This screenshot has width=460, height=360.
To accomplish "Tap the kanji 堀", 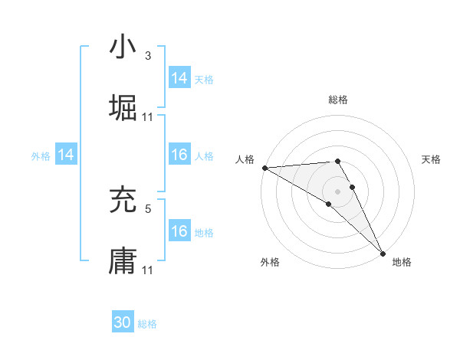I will [x=123, y=108].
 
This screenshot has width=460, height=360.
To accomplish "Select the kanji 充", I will [x=123, y=200].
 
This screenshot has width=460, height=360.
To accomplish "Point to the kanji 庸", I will [x=123, y=260].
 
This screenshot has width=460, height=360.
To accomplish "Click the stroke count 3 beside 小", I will [x=147, y=56].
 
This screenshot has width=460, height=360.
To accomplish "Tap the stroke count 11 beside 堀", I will [x=148, y=117].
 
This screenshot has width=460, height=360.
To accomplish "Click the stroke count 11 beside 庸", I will [x=148, y=270].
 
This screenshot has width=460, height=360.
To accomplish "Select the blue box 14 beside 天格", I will [x=179, y=78].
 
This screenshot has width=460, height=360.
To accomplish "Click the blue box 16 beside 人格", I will [x=179, y=155].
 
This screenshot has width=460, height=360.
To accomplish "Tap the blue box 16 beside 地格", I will [x=179, y=231].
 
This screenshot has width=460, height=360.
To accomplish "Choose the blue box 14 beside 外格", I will [x=66, y=155].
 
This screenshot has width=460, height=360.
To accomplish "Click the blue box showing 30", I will [x=123, y=322].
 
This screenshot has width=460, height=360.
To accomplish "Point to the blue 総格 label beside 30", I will [x=147, y=324].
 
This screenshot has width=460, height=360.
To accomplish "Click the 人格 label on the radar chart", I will [x=245, y=159].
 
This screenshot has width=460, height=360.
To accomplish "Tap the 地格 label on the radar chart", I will [x=402, y=262].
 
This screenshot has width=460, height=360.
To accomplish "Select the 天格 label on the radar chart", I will [x=431, y=159].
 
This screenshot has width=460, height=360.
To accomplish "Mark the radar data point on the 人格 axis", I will [x=264, y=167].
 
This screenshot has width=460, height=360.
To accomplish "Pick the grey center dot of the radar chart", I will [x=338, y=191].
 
